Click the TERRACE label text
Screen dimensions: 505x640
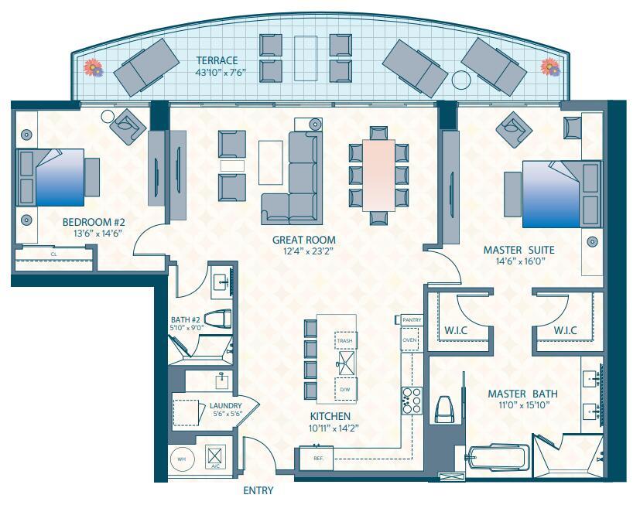pos(216,60)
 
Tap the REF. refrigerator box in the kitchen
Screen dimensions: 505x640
pos(318,458)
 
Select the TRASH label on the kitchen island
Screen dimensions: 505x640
pos(344,340)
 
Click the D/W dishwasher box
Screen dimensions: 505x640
pos(344,388)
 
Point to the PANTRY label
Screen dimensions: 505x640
pos(412,319)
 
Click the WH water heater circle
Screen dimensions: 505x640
pos(183,459)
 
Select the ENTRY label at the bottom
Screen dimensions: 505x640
pos(258,490)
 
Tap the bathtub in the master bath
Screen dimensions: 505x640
pos(498,459)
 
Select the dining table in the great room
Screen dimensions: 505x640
pos(379,175)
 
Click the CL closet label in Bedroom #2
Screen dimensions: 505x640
pos(53,253)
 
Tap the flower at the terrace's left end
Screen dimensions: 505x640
pos(93,68)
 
